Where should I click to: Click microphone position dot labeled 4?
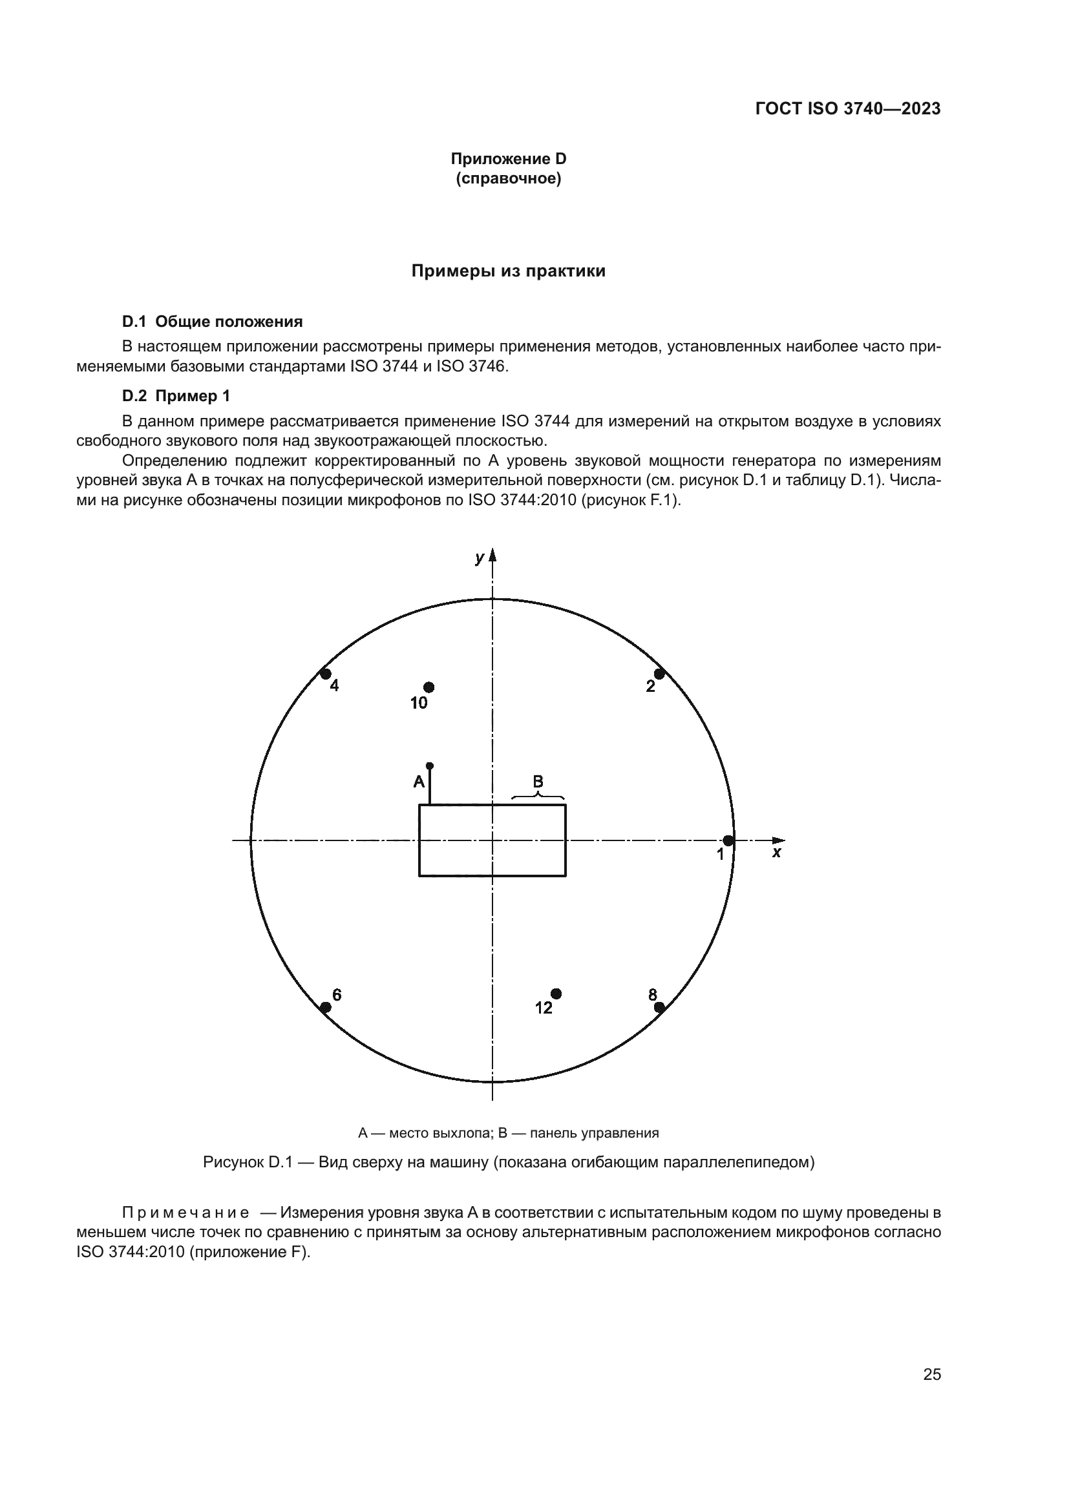tap(325, 674)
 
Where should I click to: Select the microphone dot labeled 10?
tap(429, 687)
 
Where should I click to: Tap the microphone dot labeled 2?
tap(659, 674)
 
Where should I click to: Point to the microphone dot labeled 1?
tap(728, 840)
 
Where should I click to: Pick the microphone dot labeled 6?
tap(325, 1008)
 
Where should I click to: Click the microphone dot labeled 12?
tap(556, 993)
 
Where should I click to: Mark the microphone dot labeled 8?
tap(659, 1007)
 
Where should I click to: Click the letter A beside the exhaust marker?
tap(419, 782)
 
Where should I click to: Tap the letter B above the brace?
tap(538, 781)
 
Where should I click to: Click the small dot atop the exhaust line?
tap(430, 766)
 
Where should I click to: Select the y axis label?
tap(479, 558)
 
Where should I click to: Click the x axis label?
tap(776, 853)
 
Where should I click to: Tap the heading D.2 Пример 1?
tap(176, 396)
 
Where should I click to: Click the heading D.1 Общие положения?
tap(212, 322)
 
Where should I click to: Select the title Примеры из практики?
tap(508, 271)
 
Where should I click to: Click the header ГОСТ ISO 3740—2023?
tap(848, 109)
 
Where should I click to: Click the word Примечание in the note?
tap(185, 1212)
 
